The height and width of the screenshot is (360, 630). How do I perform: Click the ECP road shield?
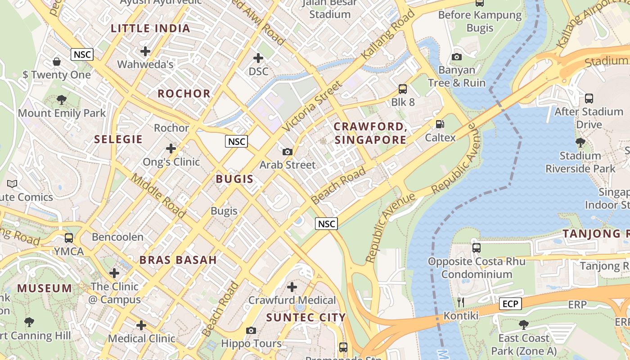click(x=510, y=304)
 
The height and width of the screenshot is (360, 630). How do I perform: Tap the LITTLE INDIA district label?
click(x=150, y=28)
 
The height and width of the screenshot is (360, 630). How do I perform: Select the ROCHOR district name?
click(x=184, y=94)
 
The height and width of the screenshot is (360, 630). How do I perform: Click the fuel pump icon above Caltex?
click(x=440, y=124)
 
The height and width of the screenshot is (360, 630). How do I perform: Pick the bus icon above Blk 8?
click(x=403, y=89)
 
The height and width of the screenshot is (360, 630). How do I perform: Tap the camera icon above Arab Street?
click(x=288, y=152)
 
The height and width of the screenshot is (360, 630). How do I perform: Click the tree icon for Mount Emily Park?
click(x=62, y=100)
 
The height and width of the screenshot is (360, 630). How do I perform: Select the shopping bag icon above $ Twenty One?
click(x=57, y=61)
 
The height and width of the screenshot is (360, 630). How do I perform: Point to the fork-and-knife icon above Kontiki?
click(x=461, y=302)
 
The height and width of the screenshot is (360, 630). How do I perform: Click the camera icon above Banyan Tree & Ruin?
click(x=457, y=57)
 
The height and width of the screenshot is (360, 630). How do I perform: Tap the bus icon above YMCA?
click(x=69, y=238)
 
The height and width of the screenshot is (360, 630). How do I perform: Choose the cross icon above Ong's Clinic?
click(x=171, y=148)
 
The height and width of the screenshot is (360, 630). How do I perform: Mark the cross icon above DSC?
click(x=258, y=58)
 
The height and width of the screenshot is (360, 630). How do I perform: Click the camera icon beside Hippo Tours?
click(x=251, y=331)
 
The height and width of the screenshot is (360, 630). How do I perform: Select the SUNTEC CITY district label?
click(x=306, y=317)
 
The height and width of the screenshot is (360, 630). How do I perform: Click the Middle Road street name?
click(x=157, y=195)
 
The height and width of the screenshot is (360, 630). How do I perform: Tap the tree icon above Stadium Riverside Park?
click(x=580, y=143)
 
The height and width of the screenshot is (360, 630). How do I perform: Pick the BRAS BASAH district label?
click(x=178, y=260)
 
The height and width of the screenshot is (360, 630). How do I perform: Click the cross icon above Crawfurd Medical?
click(x=292, y=287)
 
